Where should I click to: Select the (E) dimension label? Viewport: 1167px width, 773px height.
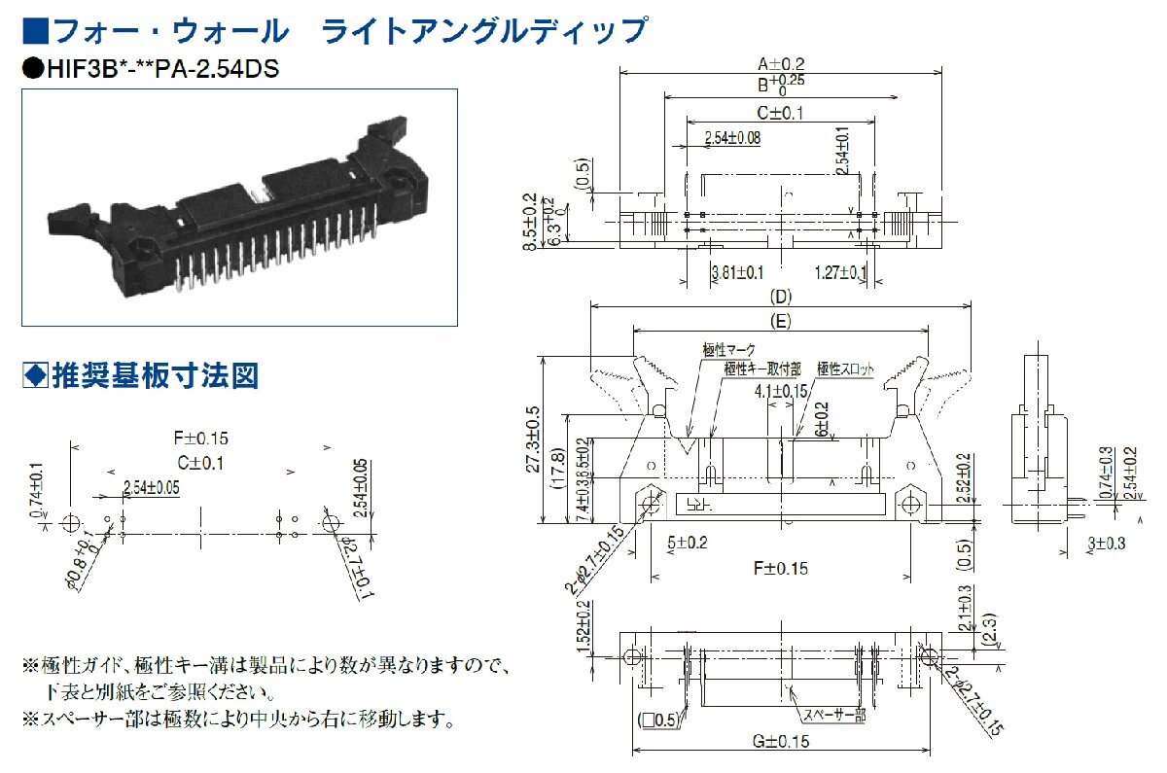780,318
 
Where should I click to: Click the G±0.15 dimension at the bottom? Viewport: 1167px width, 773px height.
780,742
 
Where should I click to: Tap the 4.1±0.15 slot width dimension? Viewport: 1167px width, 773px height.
781,391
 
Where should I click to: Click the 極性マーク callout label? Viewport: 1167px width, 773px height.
727,348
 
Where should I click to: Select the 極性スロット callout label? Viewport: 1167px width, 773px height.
845,369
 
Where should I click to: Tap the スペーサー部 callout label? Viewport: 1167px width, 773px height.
832,716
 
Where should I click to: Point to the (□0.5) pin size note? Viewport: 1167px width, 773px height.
657,720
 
